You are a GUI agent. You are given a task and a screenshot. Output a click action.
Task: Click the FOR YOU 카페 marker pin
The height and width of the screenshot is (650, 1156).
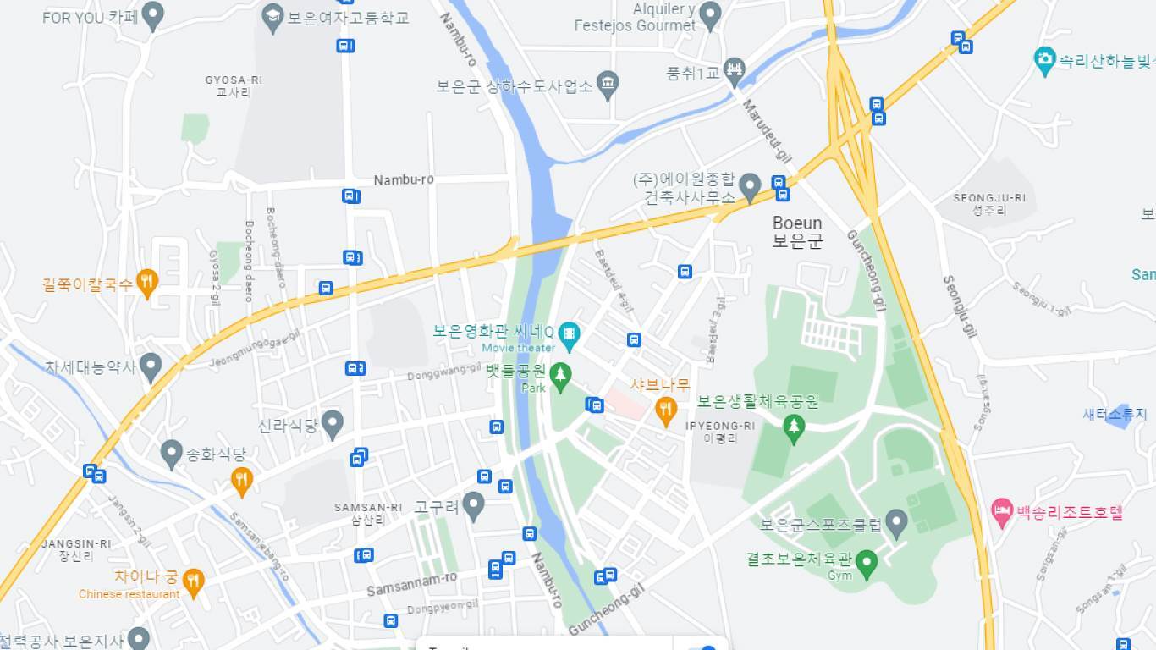pyautogui.click(x=152, y=15)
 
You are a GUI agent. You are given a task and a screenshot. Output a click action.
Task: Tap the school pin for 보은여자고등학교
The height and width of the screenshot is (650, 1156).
pyautogui.click(x=272, y=17)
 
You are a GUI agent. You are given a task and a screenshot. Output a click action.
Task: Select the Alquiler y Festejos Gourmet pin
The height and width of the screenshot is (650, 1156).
pyautogui.click(x=710, y=14)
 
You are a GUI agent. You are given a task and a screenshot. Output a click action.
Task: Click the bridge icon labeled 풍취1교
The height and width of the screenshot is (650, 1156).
pyautogui.click(x=735, y=71)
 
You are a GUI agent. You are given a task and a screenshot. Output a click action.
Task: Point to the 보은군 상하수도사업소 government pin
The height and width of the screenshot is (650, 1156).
pyautogui.click(x=608, y=84)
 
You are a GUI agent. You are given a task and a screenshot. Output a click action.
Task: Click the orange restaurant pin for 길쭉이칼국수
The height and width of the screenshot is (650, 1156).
pyautogui.click(x=147, y=283)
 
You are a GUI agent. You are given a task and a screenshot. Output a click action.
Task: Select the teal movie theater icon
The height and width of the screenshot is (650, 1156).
pyautogui.click(x=569, y=334)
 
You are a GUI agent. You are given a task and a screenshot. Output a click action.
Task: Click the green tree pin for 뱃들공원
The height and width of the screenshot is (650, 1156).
pyautogui.click(x=559, y=376)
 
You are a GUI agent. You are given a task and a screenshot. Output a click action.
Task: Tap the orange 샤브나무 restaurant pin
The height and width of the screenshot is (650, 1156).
pyautogui.click(x=666, y=410)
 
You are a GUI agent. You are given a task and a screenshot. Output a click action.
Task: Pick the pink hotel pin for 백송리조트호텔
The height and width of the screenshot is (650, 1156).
pyautogui.click(x=1003, y=511)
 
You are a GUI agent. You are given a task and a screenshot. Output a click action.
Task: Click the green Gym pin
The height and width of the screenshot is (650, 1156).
pyautogui.click(x=866, y=562)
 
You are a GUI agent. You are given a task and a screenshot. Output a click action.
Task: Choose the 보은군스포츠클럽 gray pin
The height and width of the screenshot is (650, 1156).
pyautogui.click(x=896, y=522)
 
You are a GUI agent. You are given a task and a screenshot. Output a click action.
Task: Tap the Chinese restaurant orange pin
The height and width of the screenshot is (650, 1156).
pyautogui.click(x=194, y=581)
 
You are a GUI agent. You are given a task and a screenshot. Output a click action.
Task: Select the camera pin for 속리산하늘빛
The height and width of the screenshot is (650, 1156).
pyautogui.click(x=1045, y=60)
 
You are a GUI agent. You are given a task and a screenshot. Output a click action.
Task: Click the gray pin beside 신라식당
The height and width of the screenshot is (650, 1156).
pyautogui.click(x=333, y=422)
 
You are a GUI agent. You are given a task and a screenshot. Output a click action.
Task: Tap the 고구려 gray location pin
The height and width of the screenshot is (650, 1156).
pyautogui.click(x=474, y=505)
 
